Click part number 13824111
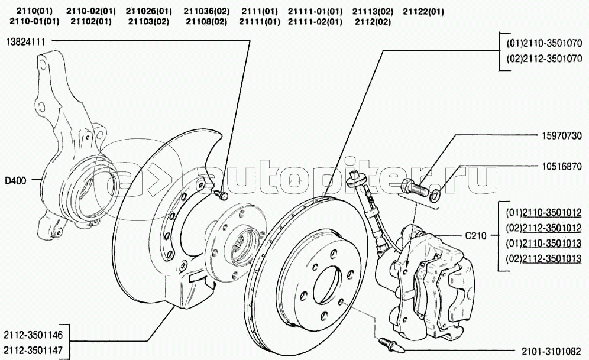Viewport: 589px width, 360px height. [x=25, y=41]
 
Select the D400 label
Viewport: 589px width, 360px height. [x=16, y=181]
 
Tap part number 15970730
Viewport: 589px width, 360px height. [x=562, y=135]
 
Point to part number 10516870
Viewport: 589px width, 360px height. [x=562, y=166]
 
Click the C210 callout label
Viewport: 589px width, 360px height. [x=475, y=236]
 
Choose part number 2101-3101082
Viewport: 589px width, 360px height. [x=552, y=351]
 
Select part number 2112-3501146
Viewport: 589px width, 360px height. [x=34, y=335]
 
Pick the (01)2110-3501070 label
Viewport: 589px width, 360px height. [x=544, y=44]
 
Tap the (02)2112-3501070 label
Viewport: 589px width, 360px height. [x=544, y=59]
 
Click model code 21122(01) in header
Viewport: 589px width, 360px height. [x=423, y=12]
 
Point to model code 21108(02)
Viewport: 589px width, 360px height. [x=206, y=22]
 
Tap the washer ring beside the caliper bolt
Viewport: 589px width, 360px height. [x=436, y=195]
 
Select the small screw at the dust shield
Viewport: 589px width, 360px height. [x=221, y=194]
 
